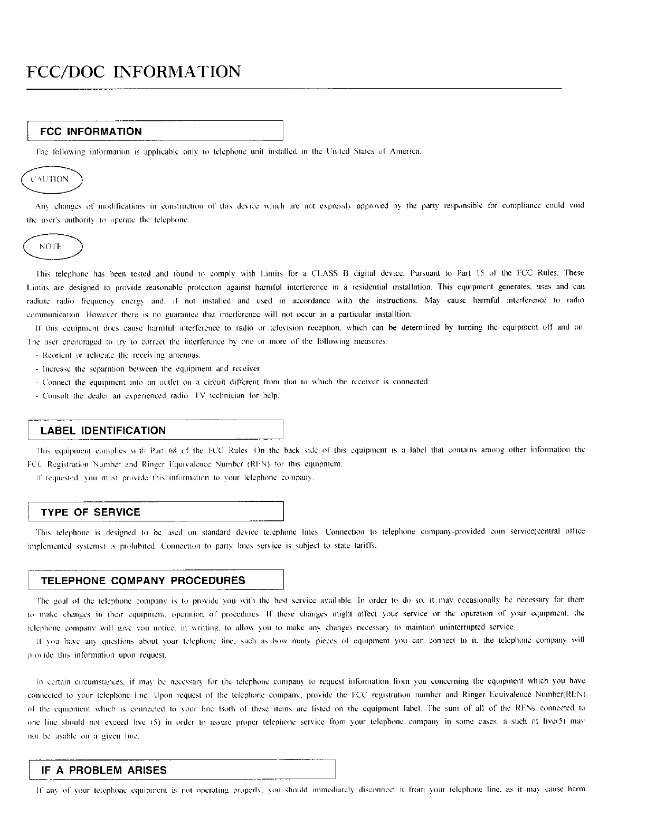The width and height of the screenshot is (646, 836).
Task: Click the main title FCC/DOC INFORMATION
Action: click(x=134, y=71)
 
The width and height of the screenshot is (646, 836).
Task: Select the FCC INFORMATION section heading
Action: click(x=91, y=131)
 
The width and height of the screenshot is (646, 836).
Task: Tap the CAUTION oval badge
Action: click(x=50, y=179)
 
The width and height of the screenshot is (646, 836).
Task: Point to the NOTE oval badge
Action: click(x=51, y=246)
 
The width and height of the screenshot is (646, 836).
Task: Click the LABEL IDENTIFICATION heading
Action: click(x=103, y=431)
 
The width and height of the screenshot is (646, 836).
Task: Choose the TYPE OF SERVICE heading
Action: click(x=90, y=512)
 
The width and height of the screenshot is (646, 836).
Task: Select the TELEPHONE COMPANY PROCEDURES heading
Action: click(x=142, y=581)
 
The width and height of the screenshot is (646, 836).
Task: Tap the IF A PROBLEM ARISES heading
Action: click(x=104, y=770)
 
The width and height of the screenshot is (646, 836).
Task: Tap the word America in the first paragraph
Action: click(x=405, y=151)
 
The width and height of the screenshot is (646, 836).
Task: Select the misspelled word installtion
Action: click(x=393, y=314)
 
